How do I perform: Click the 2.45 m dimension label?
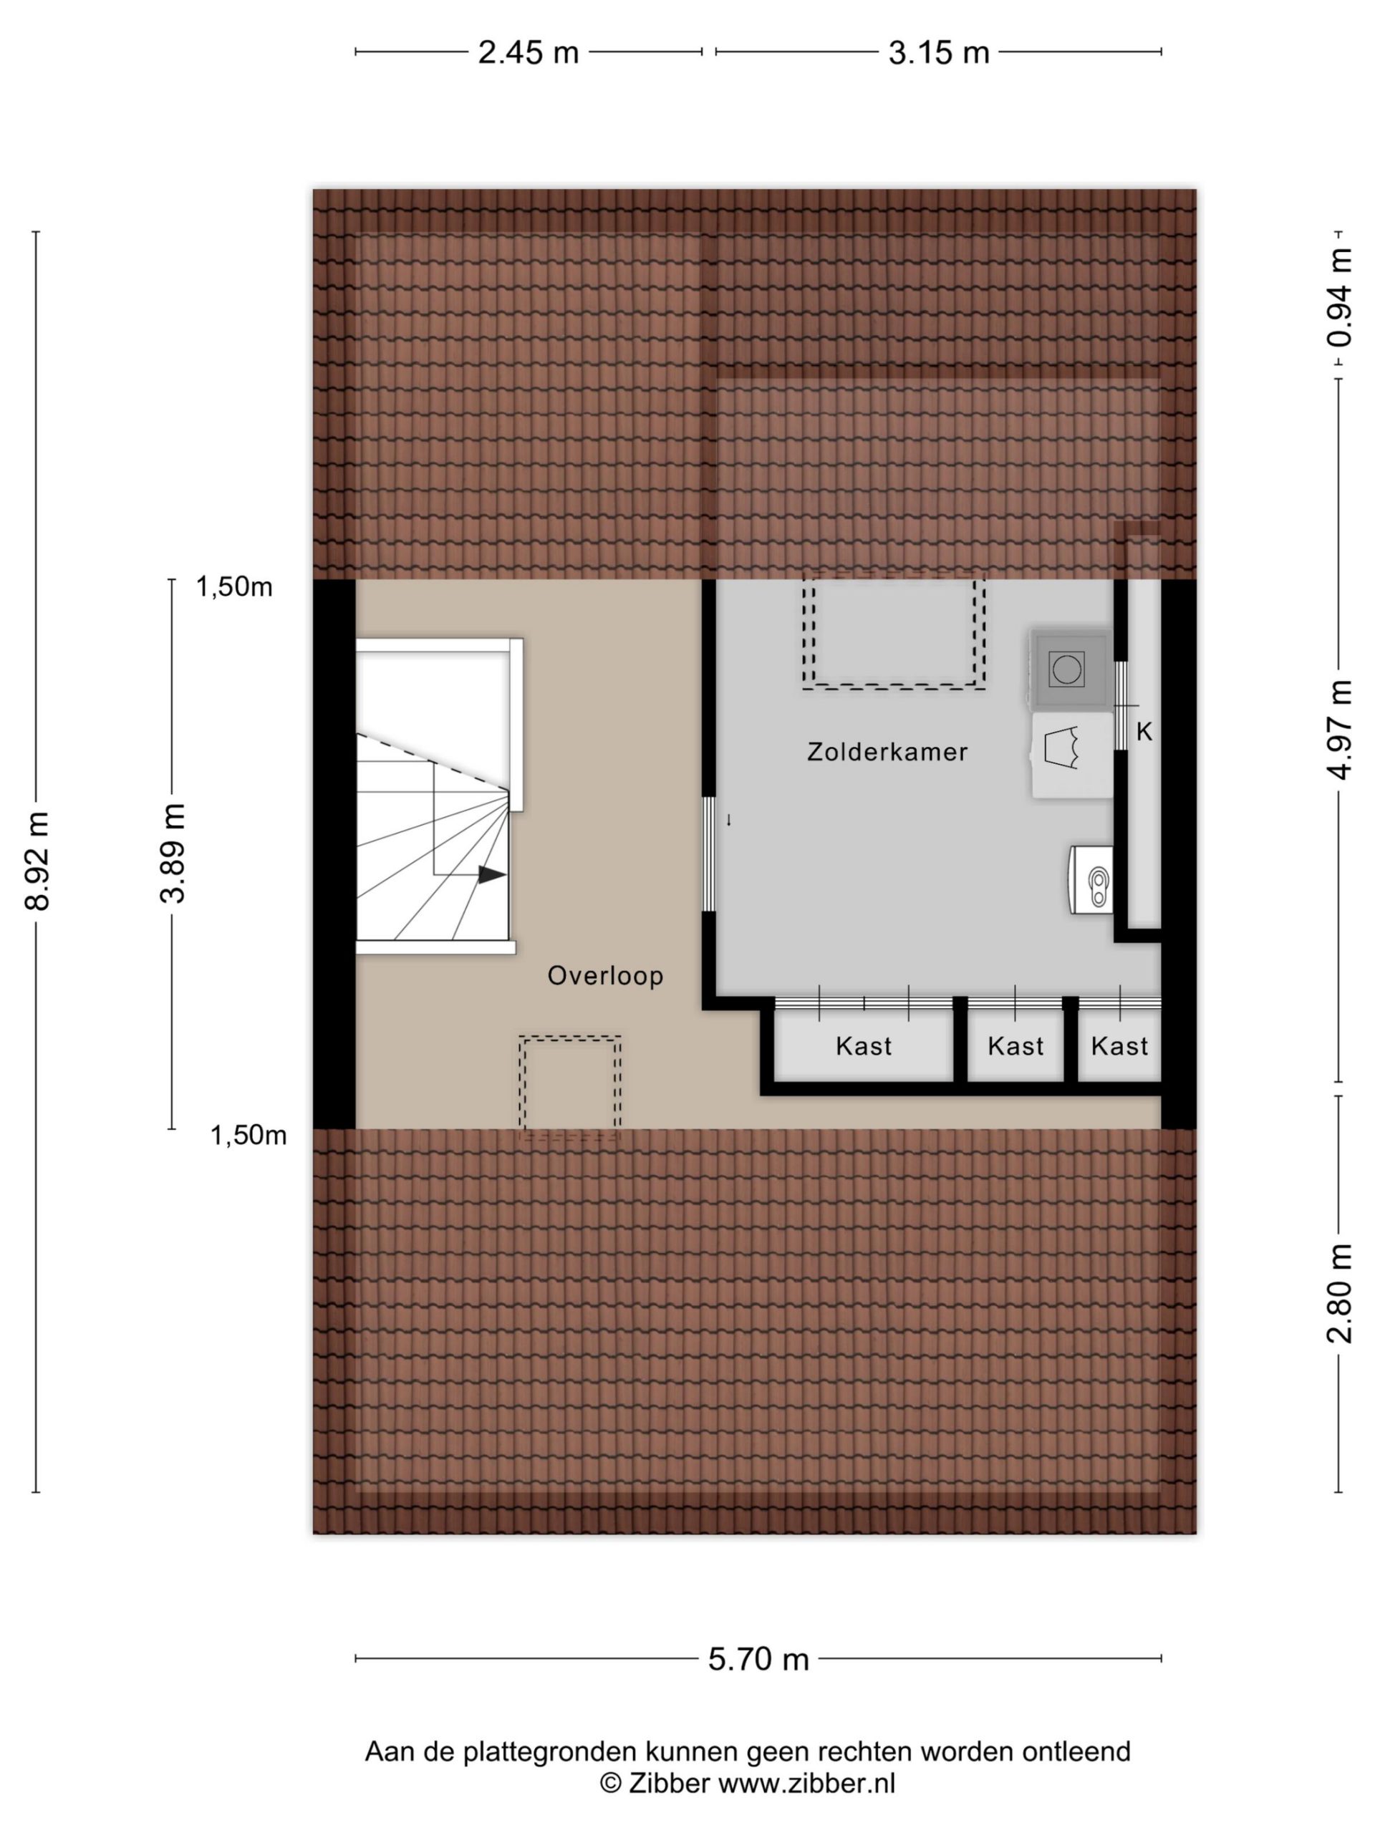coord(528,52)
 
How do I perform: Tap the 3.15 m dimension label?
coord(938,52)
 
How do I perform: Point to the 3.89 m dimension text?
coord(173,853)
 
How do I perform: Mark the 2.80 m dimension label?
coord(1339,1294)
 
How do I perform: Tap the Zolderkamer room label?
coord(887,753)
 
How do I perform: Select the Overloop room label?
coord(606,976)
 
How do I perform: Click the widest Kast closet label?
coord(864,1047)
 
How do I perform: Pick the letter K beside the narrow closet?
coord(1144,732)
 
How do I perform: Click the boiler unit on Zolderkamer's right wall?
coord(1091,880)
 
